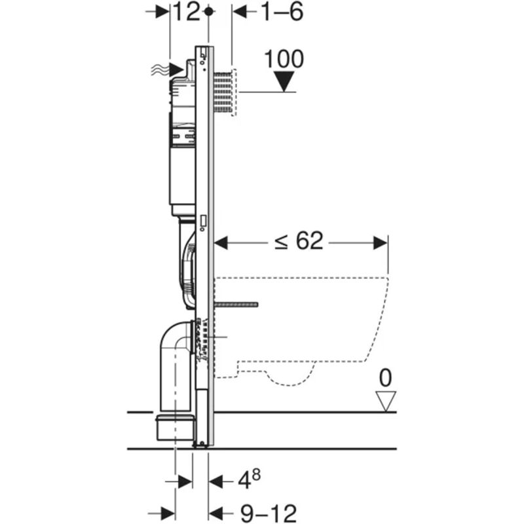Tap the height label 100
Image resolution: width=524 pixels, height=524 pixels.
click(x=284, y=59)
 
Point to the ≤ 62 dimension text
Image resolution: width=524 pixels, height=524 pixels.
click(x=299, y=242)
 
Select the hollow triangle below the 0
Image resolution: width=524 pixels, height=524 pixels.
click(x=386, y=400)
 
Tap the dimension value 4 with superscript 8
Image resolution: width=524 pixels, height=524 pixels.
click(x=245, y=482)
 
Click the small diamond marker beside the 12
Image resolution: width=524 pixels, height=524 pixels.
click(x=208, y=12)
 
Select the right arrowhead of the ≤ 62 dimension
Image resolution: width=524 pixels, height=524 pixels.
click(x=382, y=243)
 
